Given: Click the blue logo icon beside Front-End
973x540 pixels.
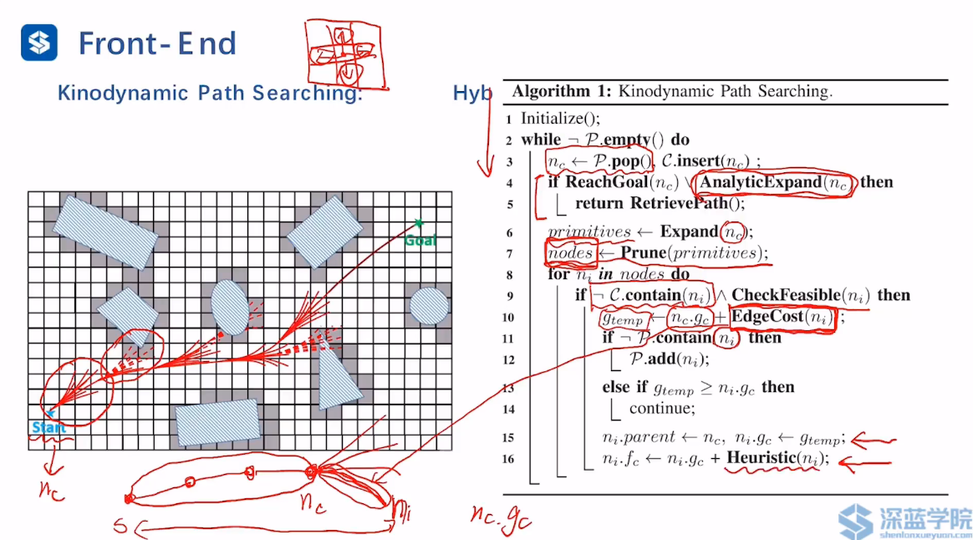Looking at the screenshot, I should (39, 43).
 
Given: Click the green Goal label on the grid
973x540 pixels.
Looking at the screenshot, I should (420, 241).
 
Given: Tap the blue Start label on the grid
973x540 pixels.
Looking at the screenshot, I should (48, 427).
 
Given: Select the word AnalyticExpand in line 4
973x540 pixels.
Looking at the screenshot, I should (760, 182).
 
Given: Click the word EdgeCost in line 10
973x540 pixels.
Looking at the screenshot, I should (768, 317).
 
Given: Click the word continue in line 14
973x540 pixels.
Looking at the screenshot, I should (661, 409).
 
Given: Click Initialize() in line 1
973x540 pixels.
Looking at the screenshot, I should (560, 119).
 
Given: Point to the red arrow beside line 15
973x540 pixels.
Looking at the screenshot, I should (874, 438).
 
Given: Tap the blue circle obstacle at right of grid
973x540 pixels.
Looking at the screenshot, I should (428, 306).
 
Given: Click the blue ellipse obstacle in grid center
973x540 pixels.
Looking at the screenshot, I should (228, 308).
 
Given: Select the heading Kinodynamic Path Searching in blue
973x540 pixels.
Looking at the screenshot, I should (209, 93).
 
